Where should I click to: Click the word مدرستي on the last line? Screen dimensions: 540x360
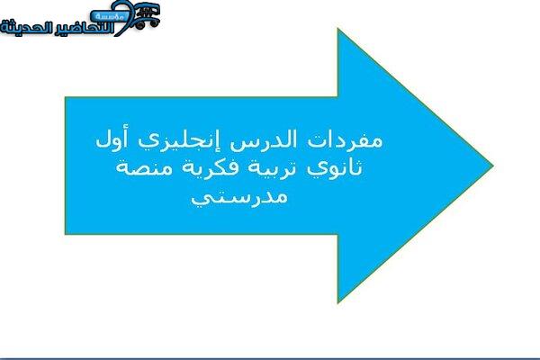239,197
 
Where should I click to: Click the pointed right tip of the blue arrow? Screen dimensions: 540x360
493,166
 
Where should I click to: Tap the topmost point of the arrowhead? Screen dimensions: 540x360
337,30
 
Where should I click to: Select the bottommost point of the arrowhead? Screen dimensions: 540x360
338,302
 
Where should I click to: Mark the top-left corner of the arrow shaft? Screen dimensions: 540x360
66,97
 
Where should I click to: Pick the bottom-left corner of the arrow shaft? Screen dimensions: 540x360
66,234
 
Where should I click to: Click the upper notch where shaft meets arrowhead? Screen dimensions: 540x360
337,97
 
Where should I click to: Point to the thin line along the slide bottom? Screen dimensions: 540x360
270,358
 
